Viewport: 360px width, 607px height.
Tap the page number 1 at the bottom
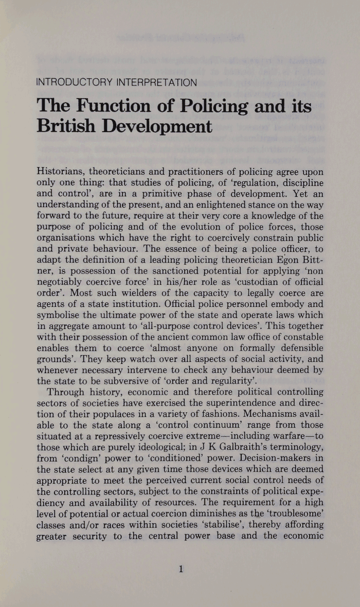(x=181, y=568)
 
